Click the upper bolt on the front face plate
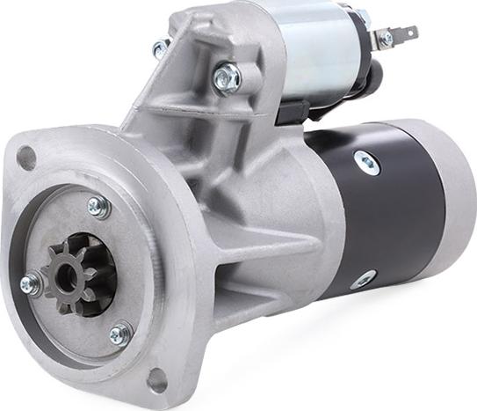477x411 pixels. pos(98,206)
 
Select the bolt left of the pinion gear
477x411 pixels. pos(31,284)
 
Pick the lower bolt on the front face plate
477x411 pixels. pos(120,334)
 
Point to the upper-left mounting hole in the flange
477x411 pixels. pos(26,158)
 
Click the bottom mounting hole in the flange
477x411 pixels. pos(155,379)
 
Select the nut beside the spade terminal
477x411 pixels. pos(384,40)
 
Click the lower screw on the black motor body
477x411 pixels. pos(362,280)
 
